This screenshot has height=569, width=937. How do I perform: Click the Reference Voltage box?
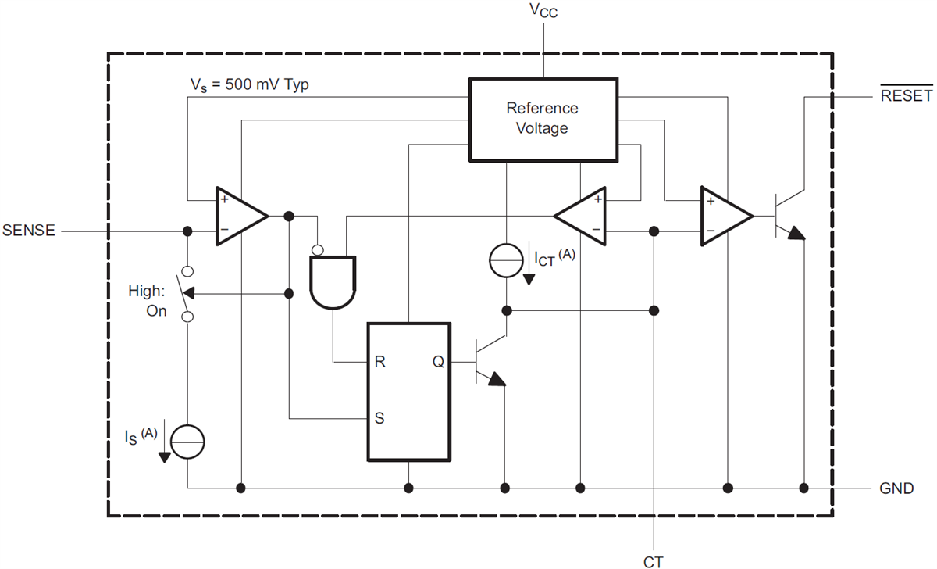pos(542,119)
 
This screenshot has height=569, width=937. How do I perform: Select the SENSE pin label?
pos(29,231)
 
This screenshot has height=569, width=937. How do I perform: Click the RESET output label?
pos(906,96)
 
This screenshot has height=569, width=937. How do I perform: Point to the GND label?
pos(896,488)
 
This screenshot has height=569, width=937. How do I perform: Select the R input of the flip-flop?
pos(379,362)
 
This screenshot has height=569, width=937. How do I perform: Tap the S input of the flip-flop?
pos(379,417)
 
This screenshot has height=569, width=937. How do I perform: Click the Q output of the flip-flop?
pos(439,362)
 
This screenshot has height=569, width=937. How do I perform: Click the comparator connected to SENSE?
pos(240,216)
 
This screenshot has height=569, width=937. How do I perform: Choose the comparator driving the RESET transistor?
pos(725,216)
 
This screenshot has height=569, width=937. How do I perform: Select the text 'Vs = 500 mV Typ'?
pos(250,84)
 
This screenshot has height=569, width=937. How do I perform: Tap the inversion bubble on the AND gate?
pos(319,250)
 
